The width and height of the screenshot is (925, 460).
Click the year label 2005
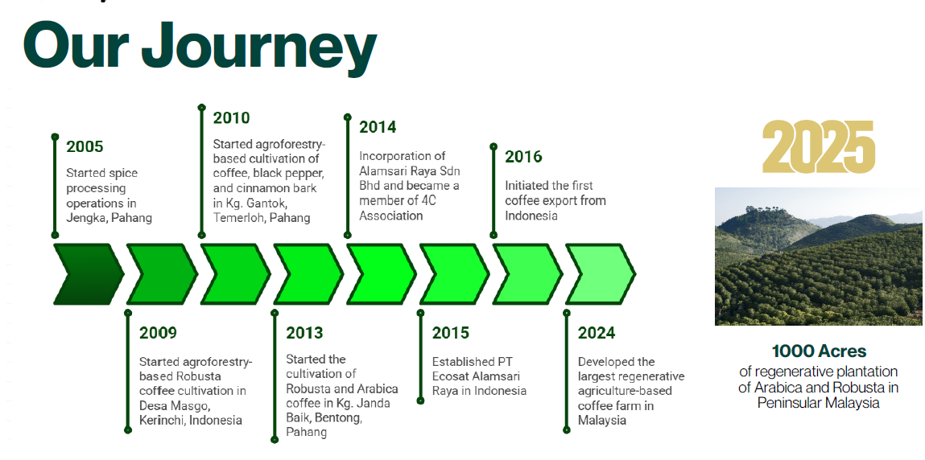[85, 146]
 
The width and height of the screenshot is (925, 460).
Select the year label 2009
[158, 333]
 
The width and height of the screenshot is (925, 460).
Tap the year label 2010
[231, 117]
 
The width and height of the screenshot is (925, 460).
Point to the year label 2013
[304, 333]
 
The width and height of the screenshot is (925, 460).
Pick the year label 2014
[378, 126]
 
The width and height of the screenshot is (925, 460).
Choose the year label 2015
[451, 333]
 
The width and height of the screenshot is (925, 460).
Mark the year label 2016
[523, 157]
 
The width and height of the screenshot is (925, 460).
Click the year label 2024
[597, 333]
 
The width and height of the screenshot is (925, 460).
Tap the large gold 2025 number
[818, 146]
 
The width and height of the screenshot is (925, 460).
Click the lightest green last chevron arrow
[601, 274]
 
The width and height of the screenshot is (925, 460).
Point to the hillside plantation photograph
[819, 257]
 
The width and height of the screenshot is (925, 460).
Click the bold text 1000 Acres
[819, 351]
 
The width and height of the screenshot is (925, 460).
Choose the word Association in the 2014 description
[391, 216]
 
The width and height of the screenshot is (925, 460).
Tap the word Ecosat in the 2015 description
[452, 376]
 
